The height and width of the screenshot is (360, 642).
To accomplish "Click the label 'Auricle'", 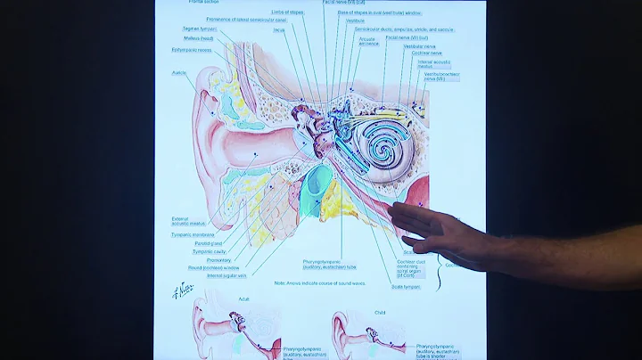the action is point(178,72).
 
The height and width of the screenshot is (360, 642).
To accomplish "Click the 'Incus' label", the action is point(278,29).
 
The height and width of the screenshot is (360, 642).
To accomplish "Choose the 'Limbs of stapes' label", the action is point(287,12).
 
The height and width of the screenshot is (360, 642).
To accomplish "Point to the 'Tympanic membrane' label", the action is point(193,235).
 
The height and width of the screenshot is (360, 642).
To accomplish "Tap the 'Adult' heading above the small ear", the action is point(243,299).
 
